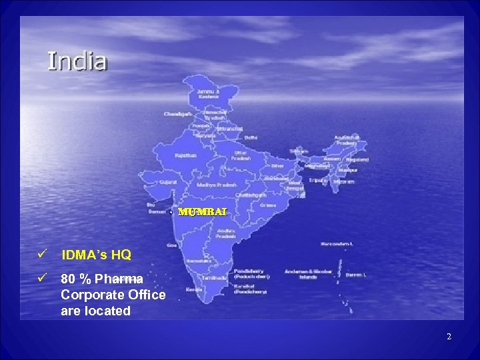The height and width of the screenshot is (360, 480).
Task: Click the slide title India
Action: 77,61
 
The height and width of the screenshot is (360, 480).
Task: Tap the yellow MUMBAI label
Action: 203,211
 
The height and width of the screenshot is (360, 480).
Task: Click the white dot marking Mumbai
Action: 171,212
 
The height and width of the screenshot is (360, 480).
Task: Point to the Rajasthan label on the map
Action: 186,155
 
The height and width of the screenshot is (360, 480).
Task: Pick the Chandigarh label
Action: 177,114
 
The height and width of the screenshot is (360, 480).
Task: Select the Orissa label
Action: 268,205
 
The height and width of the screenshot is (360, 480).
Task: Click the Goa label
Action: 172,245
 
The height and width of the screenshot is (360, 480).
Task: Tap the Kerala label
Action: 194,289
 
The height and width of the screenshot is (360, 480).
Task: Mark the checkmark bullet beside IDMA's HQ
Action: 41,254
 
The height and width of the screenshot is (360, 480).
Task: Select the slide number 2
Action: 449,337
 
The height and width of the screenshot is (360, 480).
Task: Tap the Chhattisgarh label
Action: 251,195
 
